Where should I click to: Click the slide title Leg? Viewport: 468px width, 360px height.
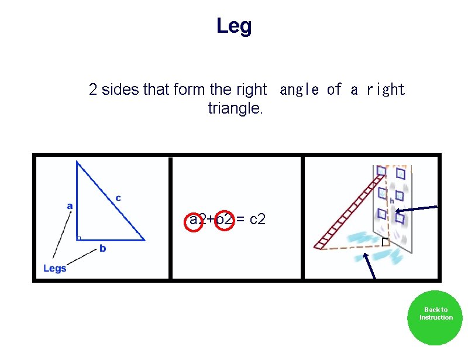[234, 26]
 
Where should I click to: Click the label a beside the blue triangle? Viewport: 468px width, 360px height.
[70, 205]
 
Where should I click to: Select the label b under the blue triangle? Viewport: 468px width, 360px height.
[102, 249]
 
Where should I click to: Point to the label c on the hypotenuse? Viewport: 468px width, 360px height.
[118, 198]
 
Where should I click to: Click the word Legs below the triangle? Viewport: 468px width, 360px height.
[55, 268]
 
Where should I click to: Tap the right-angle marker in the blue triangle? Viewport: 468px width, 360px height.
[78, 238]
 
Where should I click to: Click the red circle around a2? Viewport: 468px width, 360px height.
[194, 220]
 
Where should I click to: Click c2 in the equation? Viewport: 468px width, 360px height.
[257, 220]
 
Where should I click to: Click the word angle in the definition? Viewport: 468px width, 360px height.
[300, 90]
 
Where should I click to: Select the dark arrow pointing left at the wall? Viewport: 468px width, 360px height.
[416, 210]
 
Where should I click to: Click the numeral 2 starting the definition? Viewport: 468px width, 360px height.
[93, 90]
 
